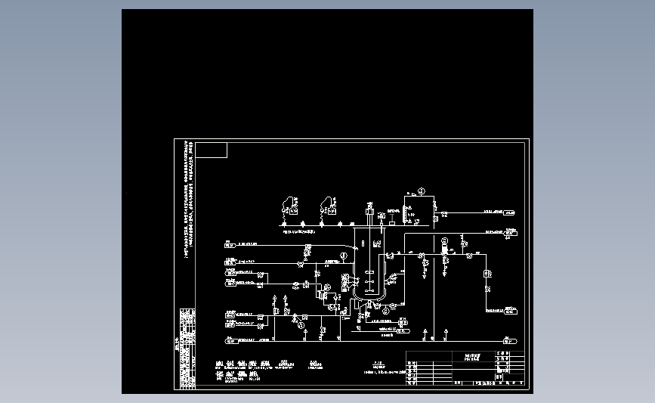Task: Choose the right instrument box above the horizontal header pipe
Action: tap(327, 204)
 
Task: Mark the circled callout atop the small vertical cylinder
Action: tap(445, 240)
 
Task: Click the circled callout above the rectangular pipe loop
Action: tap(422, 191)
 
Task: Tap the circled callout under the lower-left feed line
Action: tap(301, 325)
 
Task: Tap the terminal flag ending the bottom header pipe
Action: tap(510, 341)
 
